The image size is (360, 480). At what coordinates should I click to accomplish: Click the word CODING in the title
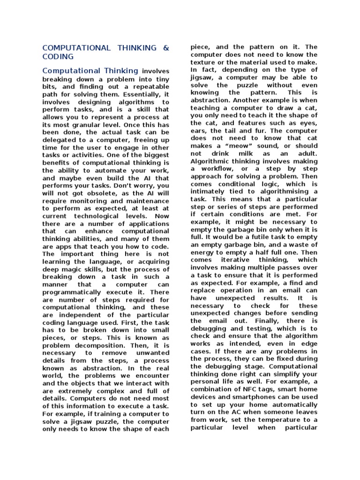pos(58,56)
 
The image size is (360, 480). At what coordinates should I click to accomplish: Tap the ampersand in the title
pos(165,48)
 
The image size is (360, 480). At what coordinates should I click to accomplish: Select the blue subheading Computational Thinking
pos(90,71)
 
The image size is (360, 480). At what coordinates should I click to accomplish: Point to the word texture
pos(204,62)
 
